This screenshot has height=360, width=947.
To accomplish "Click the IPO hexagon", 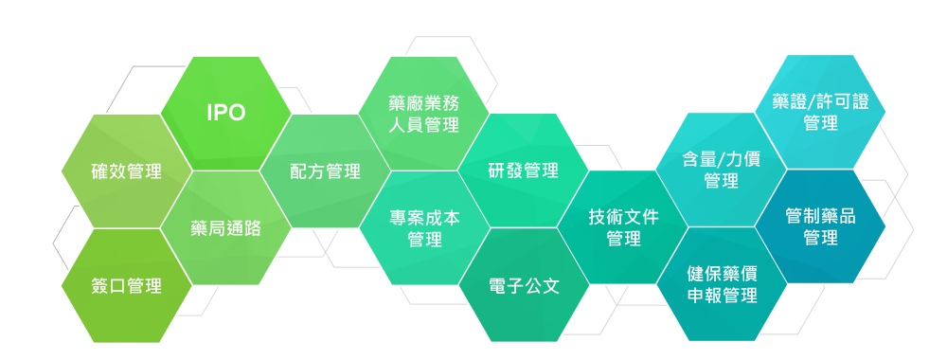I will [x=226, y=114].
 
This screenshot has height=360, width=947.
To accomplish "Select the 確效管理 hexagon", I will [x=126, y=171].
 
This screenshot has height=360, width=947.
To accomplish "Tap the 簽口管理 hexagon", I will [x=126, y=285].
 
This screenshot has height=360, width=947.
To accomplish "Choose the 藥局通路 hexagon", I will [x=225, y=228].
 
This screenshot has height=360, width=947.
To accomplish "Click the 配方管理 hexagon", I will [x=325, y=171].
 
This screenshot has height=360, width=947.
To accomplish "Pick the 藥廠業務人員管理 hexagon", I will [x=424, y=114].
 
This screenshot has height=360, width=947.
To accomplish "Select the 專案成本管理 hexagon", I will [x=424, y=228].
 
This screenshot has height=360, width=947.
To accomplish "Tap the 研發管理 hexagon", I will [x=524, y=171].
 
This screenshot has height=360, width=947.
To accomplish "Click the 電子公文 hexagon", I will [x=524, y=285].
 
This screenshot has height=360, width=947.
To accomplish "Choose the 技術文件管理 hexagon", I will [x=623, y=228].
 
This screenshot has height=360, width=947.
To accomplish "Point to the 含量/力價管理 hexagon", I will [x=722, y=170].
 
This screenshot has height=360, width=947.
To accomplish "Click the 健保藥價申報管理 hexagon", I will [x=722, y=285].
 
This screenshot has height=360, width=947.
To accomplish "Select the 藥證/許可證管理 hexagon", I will [x=820, y=113].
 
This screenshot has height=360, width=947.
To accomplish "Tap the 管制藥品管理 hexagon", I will [x=820, y=227].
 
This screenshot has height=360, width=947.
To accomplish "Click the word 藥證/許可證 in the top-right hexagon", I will [x=820, y=102].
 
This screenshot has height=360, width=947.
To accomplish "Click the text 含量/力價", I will [x=722, y=159].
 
